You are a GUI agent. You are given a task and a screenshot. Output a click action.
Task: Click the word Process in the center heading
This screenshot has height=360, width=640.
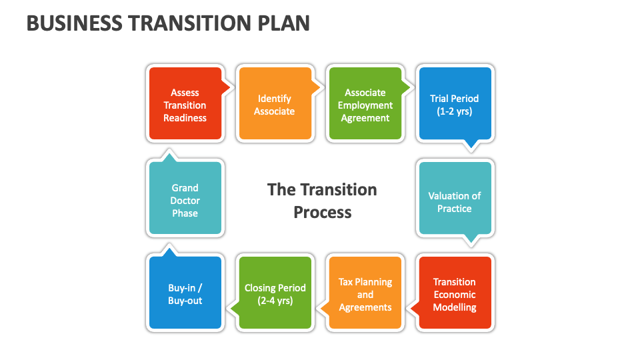(323, 213)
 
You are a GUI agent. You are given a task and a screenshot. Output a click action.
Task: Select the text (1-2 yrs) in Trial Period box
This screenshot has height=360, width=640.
(455, 111)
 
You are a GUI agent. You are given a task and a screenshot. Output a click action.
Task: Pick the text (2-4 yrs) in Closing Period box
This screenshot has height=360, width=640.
(275, 301)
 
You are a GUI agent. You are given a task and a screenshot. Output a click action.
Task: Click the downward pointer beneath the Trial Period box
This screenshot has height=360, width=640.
(471, 144)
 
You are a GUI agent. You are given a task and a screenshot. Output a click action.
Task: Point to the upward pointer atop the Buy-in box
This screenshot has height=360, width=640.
(169, 252)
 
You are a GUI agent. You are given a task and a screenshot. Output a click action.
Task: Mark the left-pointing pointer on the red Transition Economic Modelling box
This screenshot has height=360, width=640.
(413, 308)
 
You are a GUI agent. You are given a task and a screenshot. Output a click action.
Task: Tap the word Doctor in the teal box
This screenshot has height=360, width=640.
(185, 201)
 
